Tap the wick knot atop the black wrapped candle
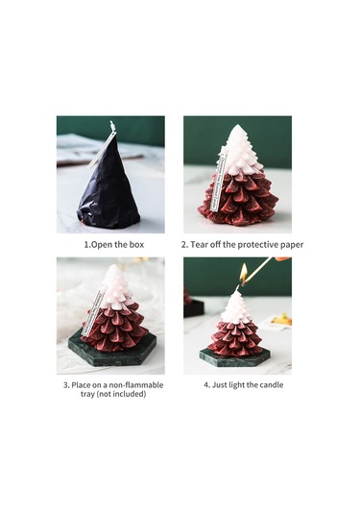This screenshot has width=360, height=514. point(112,126)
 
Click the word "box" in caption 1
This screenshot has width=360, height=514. point(137,245)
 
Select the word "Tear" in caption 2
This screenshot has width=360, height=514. point(200,245)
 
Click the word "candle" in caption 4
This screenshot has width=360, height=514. point(271,385)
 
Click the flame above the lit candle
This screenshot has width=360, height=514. point(243,273)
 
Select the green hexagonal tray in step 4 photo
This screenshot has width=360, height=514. point(235,357)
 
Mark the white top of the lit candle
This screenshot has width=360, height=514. point(238,306)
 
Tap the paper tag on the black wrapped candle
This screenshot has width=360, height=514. point(101,150)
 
